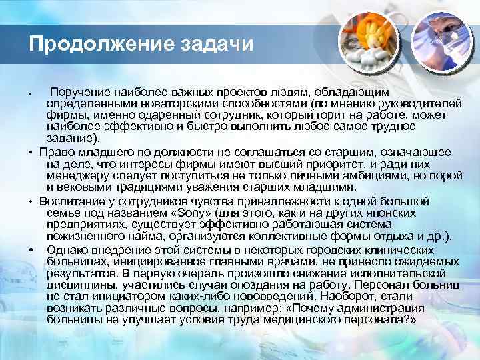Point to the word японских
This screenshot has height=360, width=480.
[395, 212]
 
